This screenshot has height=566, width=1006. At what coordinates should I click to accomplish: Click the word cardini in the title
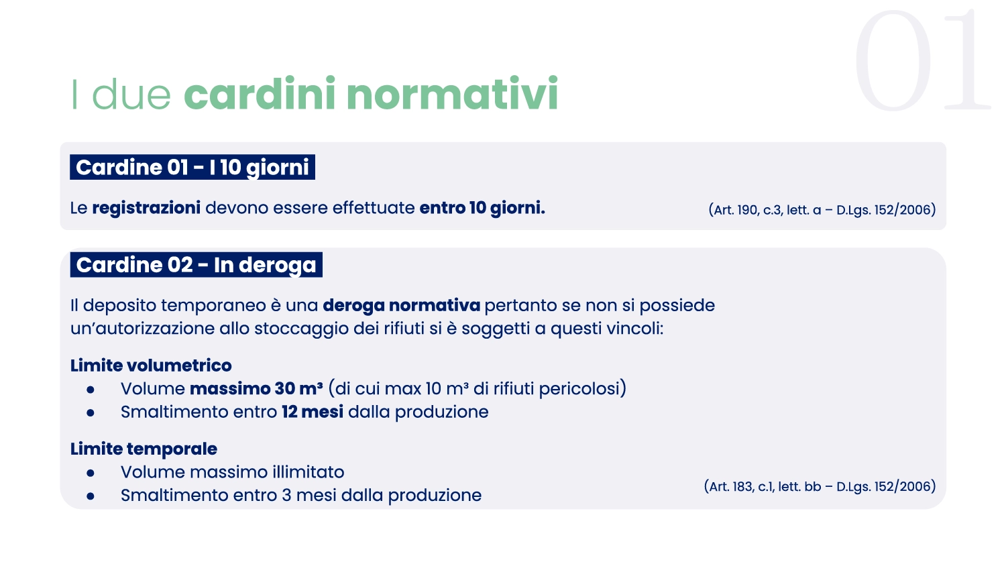pos(260,93)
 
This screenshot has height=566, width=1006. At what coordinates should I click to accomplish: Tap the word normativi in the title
pos(452,93)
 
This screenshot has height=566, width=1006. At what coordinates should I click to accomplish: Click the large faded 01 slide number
pos(922,60)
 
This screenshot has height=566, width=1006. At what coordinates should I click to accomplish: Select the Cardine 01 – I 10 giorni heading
pos(192,167)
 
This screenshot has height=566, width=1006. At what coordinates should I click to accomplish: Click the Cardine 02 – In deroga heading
pos(197,265)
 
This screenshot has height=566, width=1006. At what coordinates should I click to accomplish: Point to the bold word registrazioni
pos(146,208)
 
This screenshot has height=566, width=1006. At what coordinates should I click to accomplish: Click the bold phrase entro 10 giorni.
pos(482,208)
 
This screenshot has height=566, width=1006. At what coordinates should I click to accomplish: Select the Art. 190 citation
pos(822,210)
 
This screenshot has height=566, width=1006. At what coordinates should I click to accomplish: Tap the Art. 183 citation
pos(820,486)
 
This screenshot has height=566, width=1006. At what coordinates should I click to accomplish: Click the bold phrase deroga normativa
pos(402,305)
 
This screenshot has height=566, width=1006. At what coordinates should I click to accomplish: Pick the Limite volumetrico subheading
pos(151,365)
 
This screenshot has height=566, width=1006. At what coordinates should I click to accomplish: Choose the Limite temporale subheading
pos(144,449)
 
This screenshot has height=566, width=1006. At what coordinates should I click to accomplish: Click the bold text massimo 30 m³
pos(256,388)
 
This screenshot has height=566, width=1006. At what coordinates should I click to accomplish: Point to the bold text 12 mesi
pos(313,412)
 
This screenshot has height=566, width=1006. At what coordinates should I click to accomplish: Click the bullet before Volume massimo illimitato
pos(91,473)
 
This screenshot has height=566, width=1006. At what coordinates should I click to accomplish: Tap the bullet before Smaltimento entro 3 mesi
pos(91,496)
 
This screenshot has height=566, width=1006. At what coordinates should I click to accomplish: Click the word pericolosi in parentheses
pos(579,389)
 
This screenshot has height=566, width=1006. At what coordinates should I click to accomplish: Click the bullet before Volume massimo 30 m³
pos(91,390)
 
